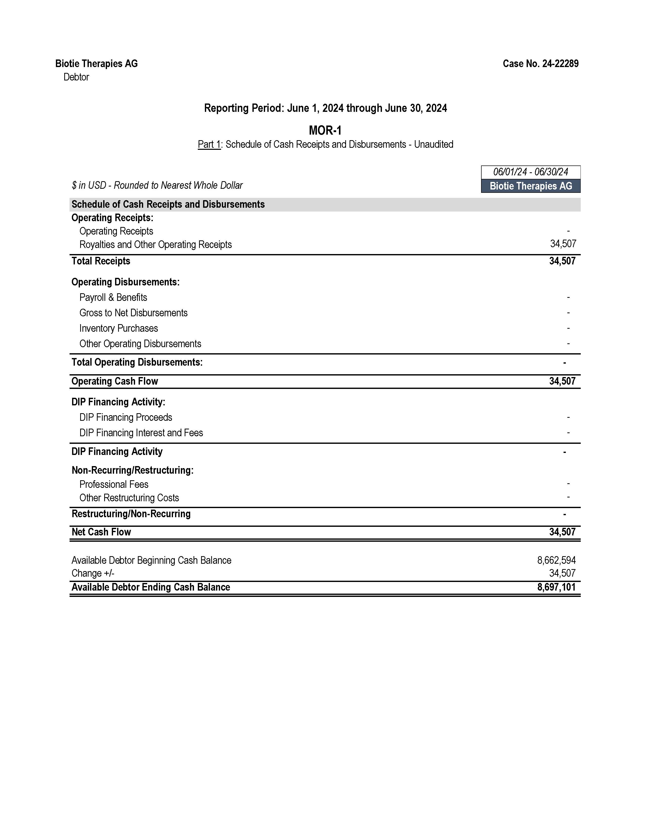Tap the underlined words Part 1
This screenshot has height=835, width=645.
pyautogui.click(x=209, y=144)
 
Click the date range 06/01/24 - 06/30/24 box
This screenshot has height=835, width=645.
pyautogui.click(x=530, y=172)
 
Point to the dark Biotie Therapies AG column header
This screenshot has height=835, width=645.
pyautogui.click(x=530, y=186)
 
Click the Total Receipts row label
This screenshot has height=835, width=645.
pyautogui.click(x=101, y=261)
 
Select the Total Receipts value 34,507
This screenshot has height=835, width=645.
pyautogui.click(x=562, y=261)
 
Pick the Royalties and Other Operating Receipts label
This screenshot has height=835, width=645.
pyautogui.click(x=156, y=245)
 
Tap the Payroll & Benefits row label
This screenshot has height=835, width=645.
pyautogui.click(x=113, y=298)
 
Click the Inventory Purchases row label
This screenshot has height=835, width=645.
pyautogui.click(x=118, y=328)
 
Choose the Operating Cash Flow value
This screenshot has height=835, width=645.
pyautogui.click(x=562, y=381)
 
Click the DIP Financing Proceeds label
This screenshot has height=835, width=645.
pyautogui.click(x=126, y=418)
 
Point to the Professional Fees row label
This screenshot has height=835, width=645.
pyautogui.click(x=114, y=484)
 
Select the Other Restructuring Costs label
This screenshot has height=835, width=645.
pyautogui.click(x=129, y=498)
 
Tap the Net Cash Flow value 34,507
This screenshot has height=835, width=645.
pyautogui.click(x=562, y=532)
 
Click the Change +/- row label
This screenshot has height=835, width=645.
pyautogui.click(x=93, y=573)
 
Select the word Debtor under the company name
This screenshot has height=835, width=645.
pyautogui.click(x=76, y=77)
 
